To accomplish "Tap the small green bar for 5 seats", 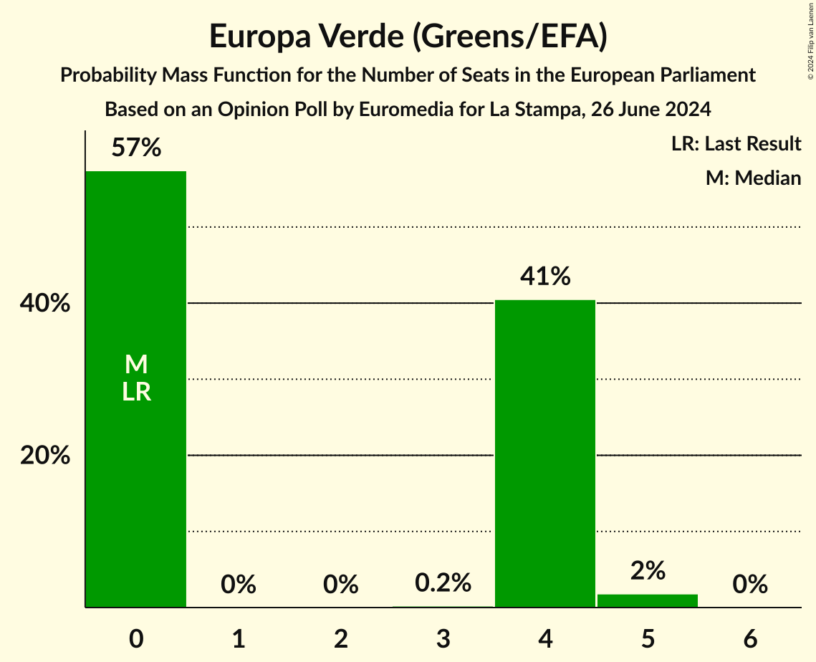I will point(648,601).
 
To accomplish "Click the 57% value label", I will point(136,148).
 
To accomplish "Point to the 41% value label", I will point(545,276).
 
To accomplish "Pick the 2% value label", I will point(648,571).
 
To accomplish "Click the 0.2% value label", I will point(443,583).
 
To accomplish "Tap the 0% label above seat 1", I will point(239,585).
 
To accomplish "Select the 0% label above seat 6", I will point(750,585).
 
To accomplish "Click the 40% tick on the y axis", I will point(45,304).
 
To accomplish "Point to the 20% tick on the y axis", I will point(45,455).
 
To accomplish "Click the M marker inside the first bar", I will point(136,365).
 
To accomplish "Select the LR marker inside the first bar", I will point(136,392).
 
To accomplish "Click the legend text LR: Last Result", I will point(736,144).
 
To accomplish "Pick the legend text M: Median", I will point(753,178).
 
